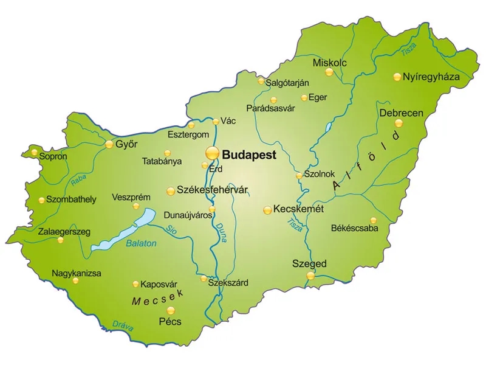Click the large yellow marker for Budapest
(212, 153)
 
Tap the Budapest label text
(250, 155)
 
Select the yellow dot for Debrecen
(399, 123)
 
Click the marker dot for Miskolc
(329, 72)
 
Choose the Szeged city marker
(310, 276)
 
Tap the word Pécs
(169, 322)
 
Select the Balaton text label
(141, 243)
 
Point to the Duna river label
(221, 233)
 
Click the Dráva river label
(123, 326)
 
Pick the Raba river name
(78, 179)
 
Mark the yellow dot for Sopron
(34, 152)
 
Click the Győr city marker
(109, 144)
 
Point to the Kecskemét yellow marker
(267, 210)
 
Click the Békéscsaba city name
(354, 229)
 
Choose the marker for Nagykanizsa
(75, 280)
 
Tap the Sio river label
(172, 230)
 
